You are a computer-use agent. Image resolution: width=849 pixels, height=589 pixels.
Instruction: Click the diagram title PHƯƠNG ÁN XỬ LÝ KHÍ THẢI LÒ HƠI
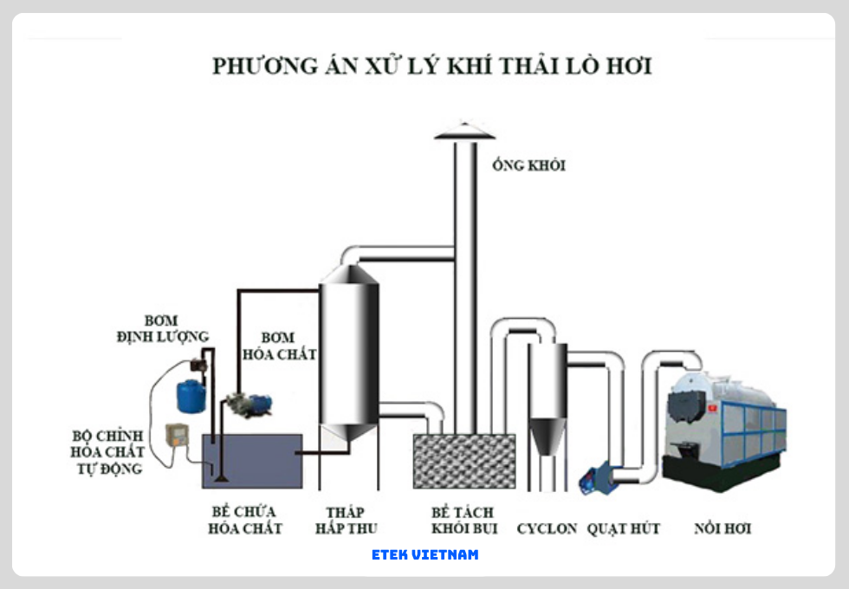[431, 67]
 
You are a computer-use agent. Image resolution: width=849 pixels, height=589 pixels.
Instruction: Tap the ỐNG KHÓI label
[528, 165]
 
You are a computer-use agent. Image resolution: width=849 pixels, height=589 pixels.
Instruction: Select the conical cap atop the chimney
[465, 130]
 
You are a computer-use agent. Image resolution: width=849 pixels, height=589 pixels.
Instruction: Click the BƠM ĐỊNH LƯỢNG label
[163, 328]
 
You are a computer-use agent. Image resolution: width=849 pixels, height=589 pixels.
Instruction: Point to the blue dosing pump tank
[191, 395]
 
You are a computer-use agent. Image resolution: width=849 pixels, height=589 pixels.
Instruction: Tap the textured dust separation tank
[463, 461]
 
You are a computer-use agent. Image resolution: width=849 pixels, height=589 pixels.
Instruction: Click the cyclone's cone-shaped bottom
[548, 437]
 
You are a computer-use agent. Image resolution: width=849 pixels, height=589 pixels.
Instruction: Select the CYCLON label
[547, 528]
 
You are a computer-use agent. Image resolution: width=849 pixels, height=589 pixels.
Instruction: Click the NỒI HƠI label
[723, 528]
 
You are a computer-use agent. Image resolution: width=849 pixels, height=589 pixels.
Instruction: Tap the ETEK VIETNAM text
[424, 554]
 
